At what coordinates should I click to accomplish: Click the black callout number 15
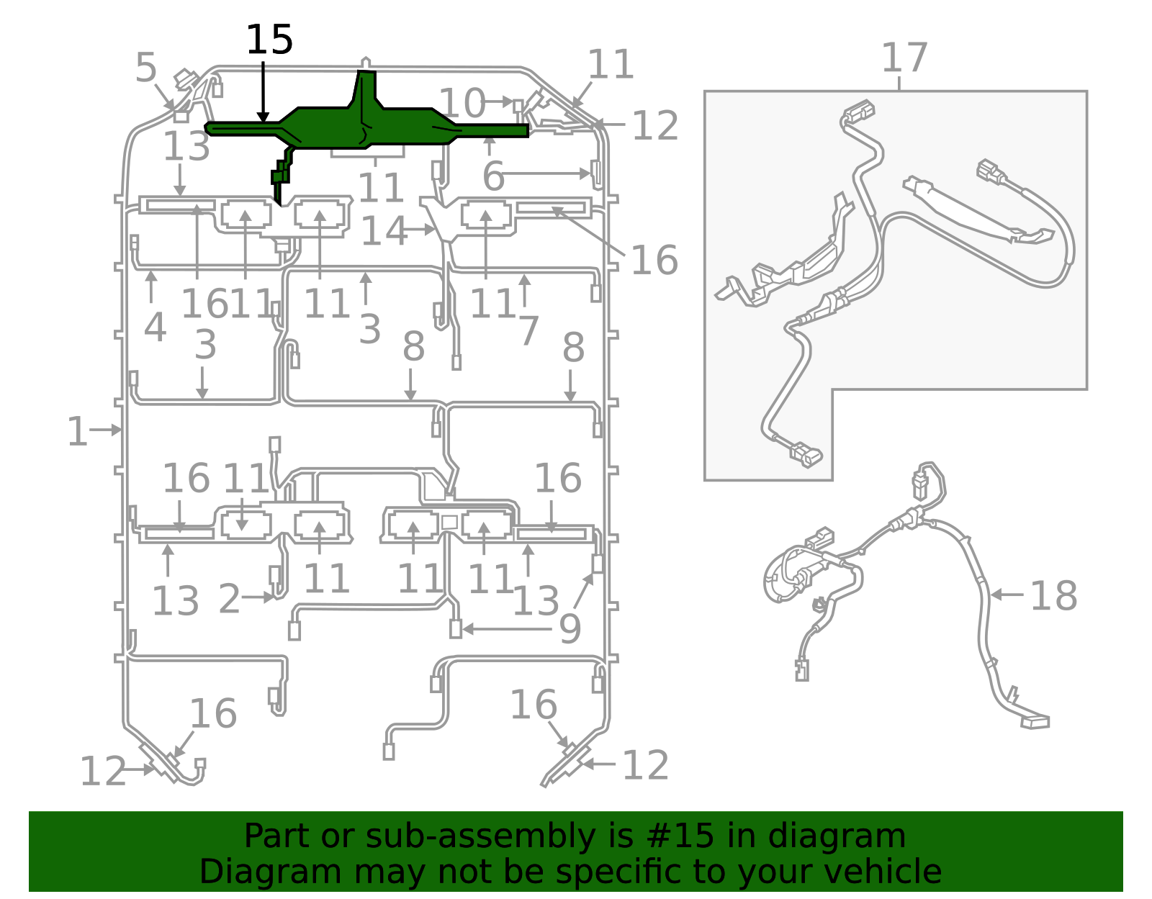click(x=269, y=40)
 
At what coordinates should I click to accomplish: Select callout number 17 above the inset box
click(x=904, y=58)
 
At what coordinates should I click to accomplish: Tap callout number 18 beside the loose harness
click(x=1053, y=596)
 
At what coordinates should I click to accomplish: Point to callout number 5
click(x=145, y=68)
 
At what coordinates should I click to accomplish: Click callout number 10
click(x=462, y=103)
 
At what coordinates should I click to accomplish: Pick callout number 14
click(x=384, y=231)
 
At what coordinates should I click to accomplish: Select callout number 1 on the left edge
click(x=77, y=432)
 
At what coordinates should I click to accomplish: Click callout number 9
click(x=570, y=629)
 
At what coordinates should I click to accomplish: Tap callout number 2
click(x=229, y=599)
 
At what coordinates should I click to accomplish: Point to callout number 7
click(x=528, y=330)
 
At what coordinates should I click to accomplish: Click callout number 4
click(x=155, y=327)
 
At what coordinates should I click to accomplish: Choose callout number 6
click(x=493, y=176)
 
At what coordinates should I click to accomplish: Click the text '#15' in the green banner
click(x=680, y=836)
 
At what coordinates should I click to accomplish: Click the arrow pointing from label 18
click(x=1007, y=595)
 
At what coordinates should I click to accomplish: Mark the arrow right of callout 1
click(x=107, y=430)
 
